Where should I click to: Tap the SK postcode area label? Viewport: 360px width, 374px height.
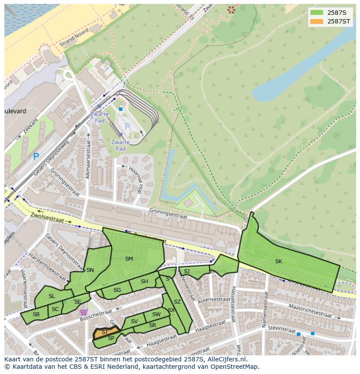(x=278, y=261)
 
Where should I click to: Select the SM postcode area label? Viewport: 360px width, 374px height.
(x=129, y=258)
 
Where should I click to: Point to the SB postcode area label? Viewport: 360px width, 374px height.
(x=36, y=314)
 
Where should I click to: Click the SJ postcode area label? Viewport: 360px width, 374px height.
(x=187, y=271)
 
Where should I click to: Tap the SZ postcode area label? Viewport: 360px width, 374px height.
(x=177, y=301)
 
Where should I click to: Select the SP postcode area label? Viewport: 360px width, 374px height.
(x=111, y=338)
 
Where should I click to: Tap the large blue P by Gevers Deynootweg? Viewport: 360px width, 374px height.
(x=36, y=157)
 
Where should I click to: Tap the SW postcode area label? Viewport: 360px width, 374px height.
(x=156, y=314)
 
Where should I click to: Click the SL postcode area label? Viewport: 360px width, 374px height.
(x=52, y=296)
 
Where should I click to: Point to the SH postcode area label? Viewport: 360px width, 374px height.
(x=144, y=281)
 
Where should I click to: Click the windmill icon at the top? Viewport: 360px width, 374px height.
(x=231, y=9)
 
